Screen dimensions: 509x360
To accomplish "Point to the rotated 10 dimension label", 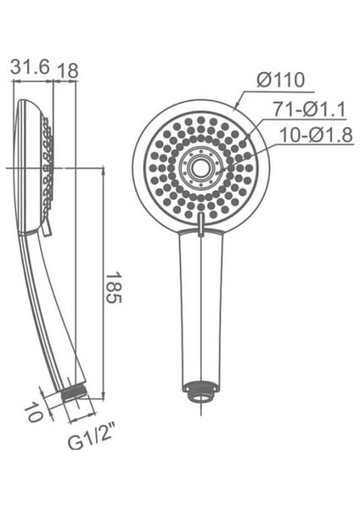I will click(32, 413).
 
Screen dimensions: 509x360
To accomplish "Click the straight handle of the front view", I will click(201, 305).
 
